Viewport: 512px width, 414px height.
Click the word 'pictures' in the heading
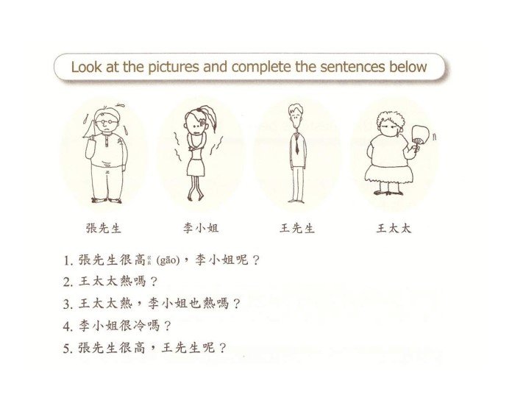173,67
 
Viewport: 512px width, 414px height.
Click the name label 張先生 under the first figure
104,228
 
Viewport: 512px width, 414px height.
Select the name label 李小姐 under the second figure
201,228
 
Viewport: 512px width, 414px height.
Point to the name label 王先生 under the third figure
296,228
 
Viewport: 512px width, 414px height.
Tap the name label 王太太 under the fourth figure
394,228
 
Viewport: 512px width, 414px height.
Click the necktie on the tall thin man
297,144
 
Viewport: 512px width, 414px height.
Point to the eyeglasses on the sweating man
106,122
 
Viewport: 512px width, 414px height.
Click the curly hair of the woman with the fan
390,118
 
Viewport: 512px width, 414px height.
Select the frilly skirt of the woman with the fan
388,174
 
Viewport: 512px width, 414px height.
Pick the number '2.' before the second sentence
68,282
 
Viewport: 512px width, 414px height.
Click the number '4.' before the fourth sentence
68,326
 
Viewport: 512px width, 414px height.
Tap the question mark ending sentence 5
222,348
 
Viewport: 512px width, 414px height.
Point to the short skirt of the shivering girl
196,167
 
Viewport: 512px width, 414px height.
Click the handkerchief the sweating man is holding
89,128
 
